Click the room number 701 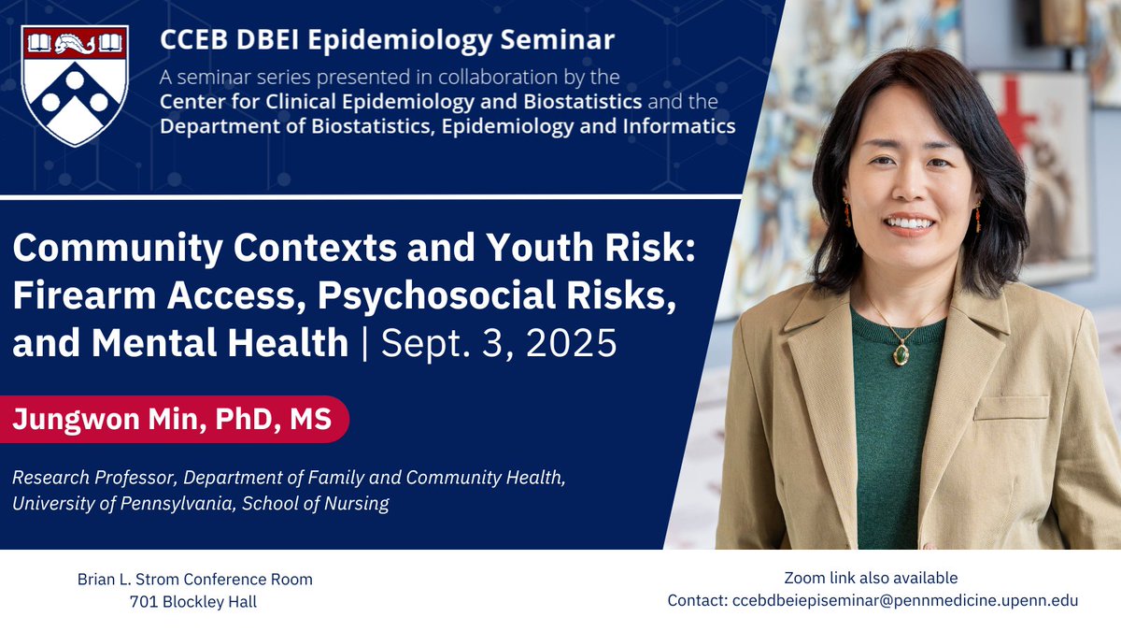click(x=143, y=602)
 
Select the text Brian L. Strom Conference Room click(x=194, y=580)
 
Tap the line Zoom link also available click(x=871, y=579)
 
